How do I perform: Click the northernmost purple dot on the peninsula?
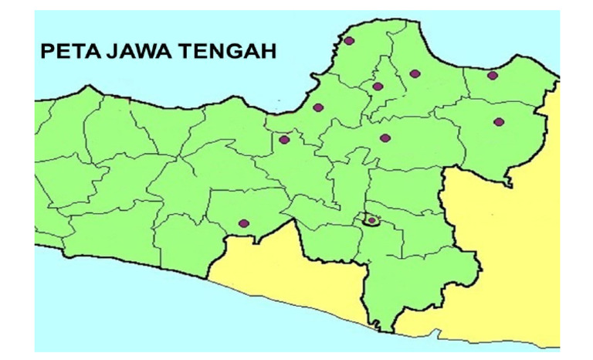(349, 41)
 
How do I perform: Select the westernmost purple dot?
(244, 223)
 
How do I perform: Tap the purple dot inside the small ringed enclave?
(371, 220)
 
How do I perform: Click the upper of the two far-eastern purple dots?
(493, 76)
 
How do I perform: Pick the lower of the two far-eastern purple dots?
(499, 121)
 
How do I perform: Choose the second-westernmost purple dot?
(284, 140)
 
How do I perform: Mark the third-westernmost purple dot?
(317, 107)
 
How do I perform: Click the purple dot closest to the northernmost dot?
(378, 87)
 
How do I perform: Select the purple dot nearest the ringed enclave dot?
(385, 138)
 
